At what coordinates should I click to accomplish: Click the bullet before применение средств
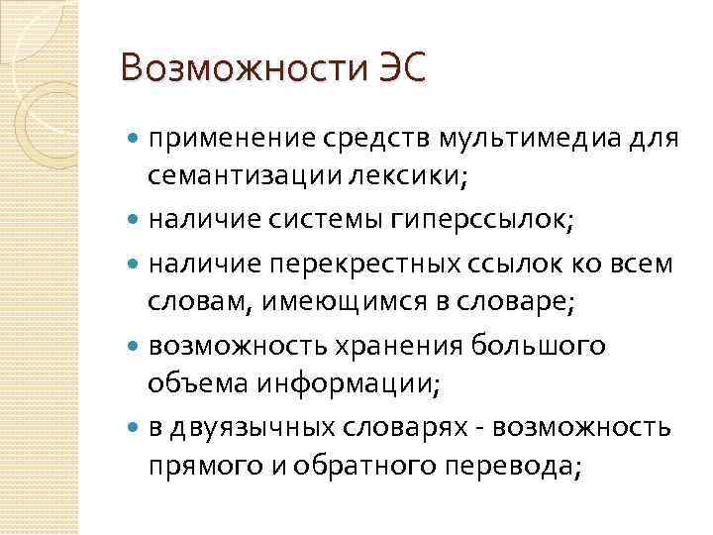[135, 140]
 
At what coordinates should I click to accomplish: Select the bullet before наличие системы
[135, 222]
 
